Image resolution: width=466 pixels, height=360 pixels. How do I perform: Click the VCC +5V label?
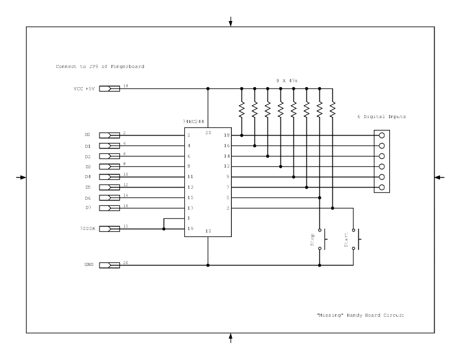click(x=84, y=88)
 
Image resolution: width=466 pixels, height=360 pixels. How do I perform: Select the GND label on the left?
click(x=88, y=265)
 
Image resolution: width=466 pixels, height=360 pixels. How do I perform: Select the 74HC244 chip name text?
click(x=195, y=123)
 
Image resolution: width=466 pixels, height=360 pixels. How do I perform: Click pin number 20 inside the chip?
click(x=208, y=133)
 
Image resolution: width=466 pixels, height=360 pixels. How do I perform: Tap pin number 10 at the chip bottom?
click(x=208, y=231)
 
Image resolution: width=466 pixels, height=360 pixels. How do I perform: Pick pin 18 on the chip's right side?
click(x=226, y=135)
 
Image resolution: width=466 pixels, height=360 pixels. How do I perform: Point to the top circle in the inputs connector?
click(x=383, y=135)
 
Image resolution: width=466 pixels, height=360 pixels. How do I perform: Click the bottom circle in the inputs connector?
click(x=383, y=187)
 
